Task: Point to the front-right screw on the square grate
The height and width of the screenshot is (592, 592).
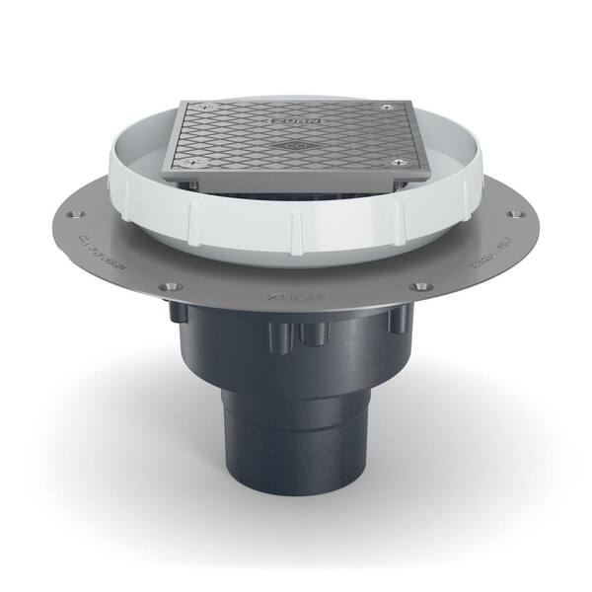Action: (x=397, y=163)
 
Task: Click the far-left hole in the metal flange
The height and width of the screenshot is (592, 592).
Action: (x=82, y=214)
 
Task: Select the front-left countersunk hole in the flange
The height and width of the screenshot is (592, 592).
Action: (x=172, y=286)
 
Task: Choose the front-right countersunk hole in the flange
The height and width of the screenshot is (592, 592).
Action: (x=421, y=286)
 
